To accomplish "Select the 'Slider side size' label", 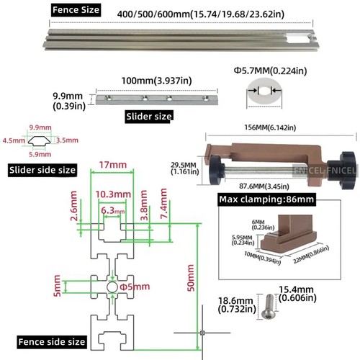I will click(x=42, y=170).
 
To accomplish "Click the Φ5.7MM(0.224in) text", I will click(x=269, y=71).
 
